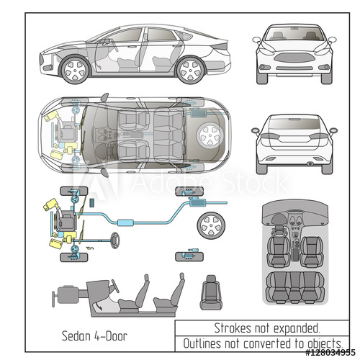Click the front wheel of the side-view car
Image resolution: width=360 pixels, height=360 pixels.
tap(75, 70)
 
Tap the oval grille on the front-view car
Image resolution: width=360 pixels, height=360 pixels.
tap(293, 57)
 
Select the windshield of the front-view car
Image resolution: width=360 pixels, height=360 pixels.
tap(293, 33)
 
